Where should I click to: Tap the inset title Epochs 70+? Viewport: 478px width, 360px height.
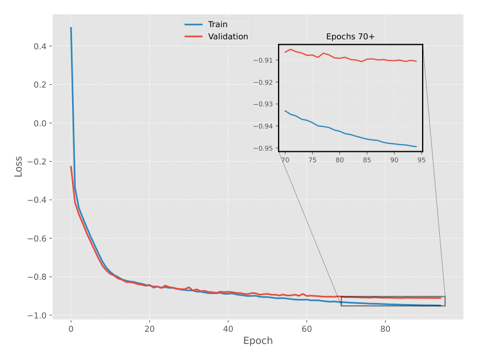click(350, 37)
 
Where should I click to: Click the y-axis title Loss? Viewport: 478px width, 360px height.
click(19, 167)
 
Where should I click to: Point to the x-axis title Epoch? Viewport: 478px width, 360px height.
click(258, 341)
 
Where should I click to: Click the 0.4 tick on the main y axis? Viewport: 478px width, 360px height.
click(40, 47)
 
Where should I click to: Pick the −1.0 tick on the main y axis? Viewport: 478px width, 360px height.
click(37, 316)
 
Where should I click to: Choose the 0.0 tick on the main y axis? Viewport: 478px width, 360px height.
click(40, 123)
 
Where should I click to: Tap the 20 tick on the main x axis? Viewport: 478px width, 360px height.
click(150, 329)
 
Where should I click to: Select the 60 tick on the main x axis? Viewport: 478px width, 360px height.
click(307, 329)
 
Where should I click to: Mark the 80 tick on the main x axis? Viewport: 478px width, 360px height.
click(386, 329)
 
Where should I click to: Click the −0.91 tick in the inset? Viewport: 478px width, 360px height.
click(263, 60)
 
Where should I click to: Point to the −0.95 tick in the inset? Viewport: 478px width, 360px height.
click(263, 148)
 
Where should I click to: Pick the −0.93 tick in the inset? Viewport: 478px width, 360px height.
click(263, 104)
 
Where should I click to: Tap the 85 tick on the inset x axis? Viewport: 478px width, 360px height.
click(367, 160)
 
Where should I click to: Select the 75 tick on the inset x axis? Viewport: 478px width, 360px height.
click(312, 160)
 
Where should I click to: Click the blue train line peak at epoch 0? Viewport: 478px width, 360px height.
click(71, 28)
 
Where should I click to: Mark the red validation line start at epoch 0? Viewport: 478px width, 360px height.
click(71, 167)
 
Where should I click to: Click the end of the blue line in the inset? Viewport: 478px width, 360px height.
click(416, 147)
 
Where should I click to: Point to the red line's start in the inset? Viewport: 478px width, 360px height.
click(285, 52)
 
